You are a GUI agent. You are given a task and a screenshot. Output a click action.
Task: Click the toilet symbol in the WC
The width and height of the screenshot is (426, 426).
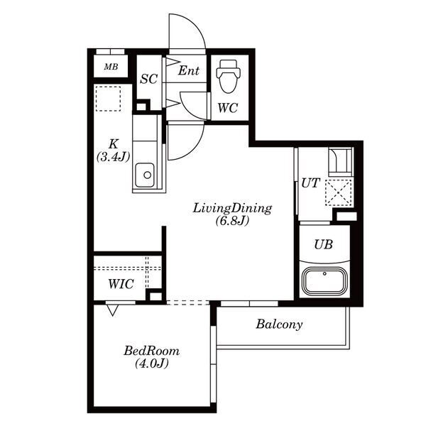pos(228,77)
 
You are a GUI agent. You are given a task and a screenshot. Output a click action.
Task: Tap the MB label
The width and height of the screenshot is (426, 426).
pos(111,67)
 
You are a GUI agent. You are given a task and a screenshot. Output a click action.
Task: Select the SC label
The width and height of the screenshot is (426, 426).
pos(149,79)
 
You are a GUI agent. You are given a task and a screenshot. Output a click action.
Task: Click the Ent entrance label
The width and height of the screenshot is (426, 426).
pos(189,70)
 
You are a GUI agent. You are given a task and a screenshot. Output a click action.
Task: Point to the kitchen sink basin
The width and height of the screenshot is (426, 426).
pos(145,175)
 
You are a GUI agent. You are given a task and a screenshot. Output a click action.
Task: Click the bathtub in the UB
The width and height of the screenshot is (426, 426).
pos(324,280)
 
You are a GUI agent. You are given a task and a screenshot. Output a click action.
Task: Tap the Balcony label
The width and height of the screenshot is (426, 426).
pos(279,324)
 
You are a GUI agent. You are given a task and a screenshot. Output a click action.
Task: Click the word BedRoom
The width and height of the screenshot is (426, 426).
pos(152,351)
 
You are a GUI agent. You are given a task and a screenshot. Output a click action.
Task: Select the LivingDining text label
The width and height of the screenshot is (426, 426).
pos(232,209)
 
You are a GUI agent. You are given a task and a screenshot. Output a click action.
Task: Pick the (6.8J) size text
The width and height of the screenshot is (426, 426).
pos(232,221)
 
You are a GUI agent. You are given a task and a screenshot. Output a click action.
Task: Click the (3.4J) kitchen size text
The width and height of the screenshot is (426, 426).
pos(113,157)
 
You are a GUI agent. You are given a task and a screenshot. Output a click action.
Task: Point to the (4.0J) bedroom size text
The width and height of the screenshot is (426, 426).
pos(152,364)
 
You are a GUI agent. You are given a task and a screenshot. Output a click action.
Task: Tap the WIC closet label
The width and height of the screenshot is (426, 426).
pos(121,284)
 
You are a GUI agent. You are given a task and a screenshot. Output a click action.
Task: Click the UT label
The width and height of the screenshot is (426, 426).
pos(311,183)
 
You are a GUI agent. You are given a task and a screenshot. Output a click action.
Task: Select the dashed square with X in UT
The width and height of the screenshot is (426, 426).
pos(338,192)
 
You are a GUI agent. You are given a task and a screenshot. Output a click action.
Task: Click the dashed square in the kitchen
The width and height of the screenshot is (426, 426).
pos(108,99)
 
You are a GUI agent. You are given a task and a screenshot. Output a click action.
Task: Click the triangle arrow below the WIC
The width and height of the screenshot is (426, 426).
pos(112,310)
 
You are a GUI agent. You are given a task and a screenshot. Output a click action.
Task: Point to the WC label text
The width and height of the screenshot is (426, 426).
pos(228,108)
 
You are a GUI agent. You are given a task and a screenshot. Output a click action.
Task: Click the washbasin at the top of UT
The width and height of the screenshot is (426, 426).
pos(340,162)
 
